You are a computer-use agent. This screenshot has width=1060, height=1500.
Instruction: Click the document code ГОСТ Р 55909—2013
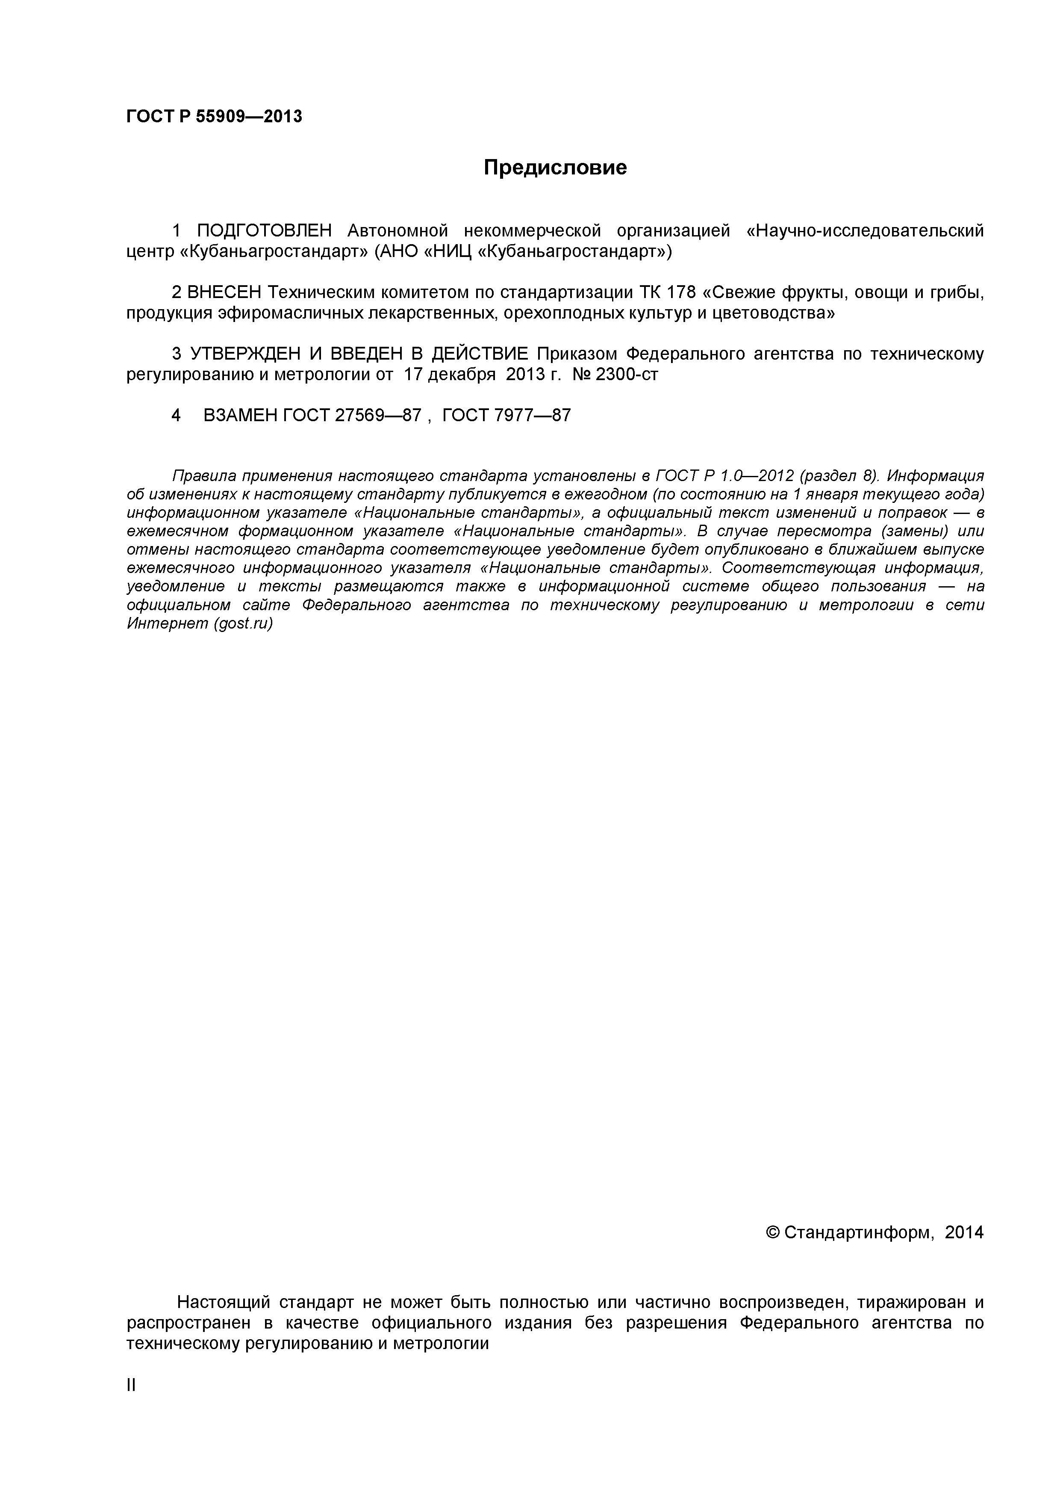pos(214,117)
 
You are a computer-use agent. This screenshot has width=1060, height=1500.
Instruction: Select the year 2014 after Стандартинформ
pos(964,1233)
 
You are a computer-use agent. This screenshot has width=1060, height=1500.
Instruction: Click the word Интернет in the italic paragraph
pos(167,624)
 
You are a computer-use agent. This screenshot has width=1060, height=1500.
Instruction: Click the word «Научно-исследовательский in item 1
pos(864,230)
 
